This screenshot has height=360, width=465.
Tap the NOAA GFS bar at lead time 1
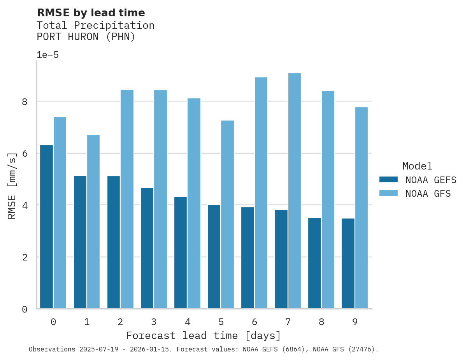point(93,222)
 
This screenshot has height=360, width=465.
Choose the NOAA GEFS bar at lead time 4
point(181,253)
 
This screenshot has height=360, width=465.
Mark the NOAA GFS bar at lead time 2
point(127,199)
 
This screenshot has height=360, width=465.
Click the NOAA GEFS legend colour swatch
point(388,180)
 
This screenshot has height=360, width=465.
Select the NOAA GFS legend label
point(428,194)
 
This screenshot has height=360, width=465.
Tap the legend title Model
point(417,166)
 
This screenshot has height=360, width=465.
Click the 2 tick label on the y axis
point(25,257)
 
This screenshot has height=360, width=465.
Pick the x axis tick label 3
point(154,322)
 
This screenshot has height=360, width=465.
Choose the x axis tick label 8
point(321,322)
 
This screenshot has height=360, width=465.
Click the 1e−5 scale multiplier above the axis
point(47,55)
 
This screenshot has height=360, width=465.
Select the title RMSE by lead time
point(91,13)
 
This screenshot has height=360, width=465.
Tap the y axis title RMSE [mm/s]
point(12,185)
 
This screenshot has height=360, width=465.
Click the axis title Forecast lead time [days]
point(204,336)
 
